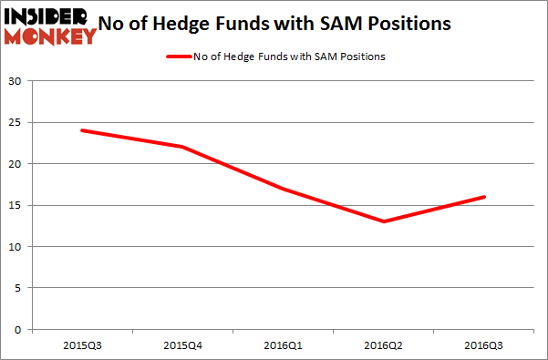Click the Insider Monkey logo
(x=50, y=26)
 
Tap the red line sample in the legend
(x=177, y=57)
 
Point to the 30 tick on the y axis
(x=16, y=81)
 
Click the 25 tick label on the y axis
(x=16, y=123)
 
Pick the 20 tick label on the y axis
(x=16, y=164)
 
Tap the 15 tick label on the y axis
(x=16, y=205)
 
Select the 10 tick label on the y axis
(x=16, y=247)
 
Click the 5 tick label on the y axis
(x=18, y=288)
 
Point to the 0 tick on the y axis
(x=18, y=329)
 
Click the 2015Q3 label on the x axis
(x=82, y=345)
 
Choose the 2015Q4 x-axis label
(x=182, y=345)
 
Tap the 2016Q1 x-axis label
(x=284, y=345)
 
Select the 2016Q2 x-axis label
(x=384, y=345)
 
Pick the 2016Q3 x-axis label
(x=485, y=345)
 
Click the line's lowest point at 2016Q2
(x=384, y=221)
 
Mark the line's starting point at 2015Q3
(x=82, y=130)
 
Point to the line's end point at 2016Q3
(x=485, y=197)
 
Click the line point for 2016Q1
(x=284, y=189)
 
